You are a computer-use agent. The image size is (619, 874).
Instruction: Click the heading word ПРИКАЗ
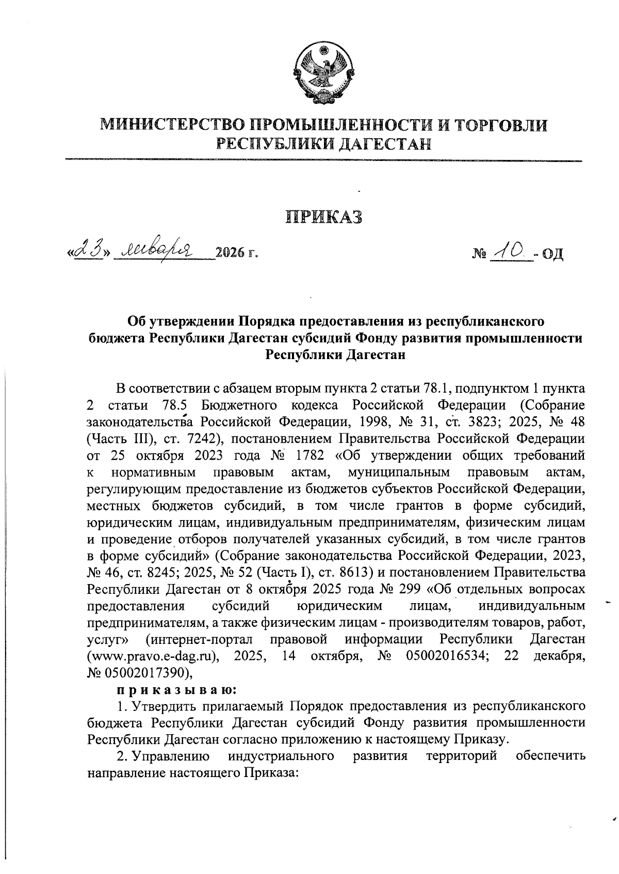324,217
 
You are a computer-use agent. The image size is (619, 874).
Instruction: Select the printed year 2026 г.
236,253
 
